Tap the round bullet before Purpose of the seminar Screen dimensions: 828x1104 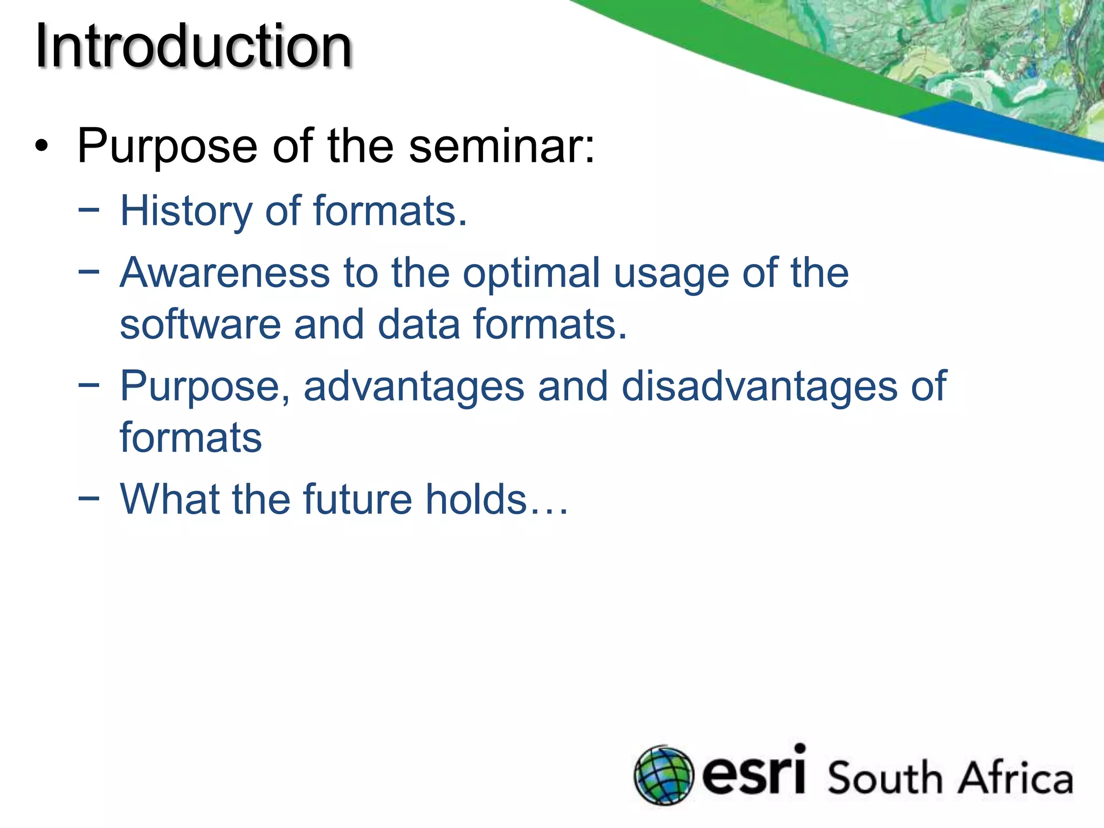[42, 146]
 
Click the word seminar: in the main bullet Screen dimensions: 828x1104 [501, 146]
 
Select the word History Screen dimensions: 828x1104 [186, 211]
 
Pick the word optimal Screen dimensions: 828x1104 [531, 274]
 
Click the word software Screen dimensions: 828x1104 [200, 325]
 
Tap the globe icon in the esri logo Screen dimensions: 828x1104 [663, 775]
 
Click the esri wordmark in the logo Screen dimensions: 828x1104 [754, 772]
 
